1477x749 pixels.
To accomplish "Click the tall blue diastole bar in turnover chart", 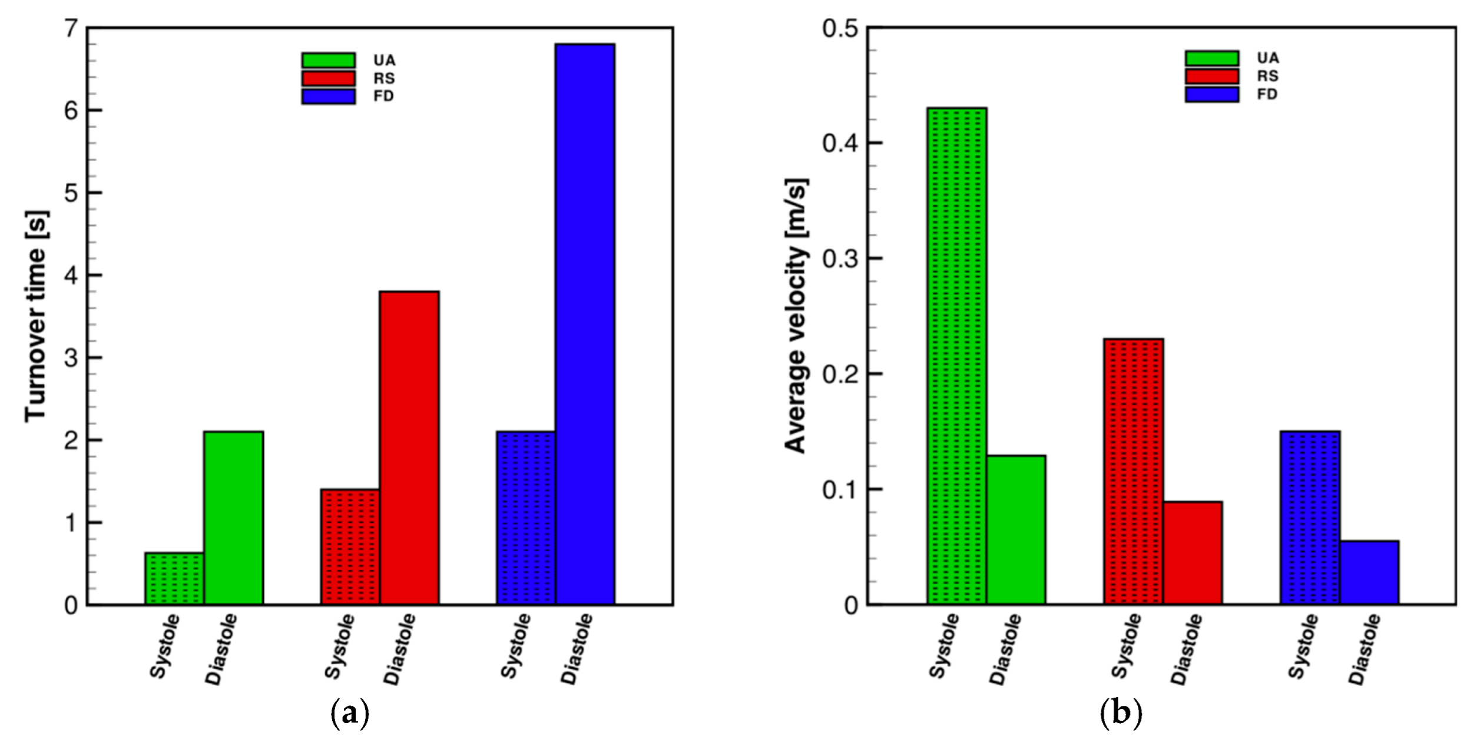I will click(x=585, y=324).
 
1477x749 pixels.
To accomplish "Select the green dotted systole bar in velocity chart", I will click(x=956, y=356).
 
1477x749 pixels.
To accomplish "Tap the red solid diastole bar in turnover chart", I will click(x=409, y=448).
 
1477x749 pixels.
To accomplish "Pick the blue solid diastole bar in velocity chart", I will click(x=1369, y=572).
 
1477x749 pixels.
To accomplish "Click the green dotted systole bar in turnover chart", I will click(x=174, y=578).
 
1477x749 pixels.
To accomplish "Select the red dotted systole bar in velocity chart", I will click(x=1133, y=471).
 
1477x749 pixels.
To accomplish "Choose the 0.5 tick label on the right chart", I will click(x=840, y=28).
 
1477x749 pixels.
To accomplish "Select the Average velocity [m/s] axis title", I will click(x=796, y=316).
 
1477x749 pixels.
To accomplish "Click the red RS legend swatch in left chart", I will click(x=328, y=78).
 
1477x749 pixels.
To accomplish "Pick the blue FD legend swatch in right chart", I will click(x=1211, y=94).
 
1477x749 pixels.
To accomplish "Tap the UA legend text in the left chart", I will click(x=384, y=61).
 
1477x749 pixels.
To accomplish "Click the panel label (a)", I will click(x=350, y=714).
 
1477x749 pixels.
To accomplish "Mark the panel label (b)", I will click(x=1120, y=714).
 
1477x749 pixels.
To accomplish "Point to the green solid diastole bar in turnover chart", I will click(x=233, y=518).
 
